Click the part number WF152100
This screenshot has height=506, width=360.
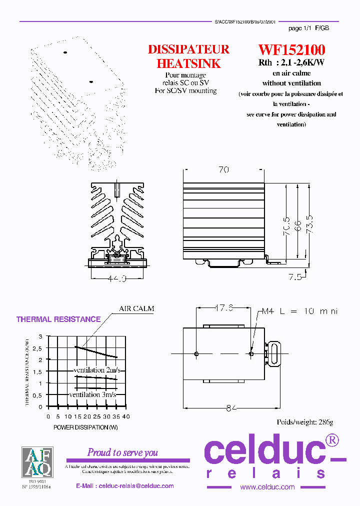click(x=291, y=50)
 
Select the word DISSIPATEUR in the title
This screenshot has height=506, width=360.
click(x=188, y=49)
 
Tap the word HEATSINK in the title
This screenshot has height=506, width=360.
click(x=188, y=63)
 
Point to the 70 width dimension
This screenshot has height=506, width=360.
click(x=223, y=170)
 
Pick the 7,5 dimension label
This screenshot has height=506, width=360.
click(x=295, y=277)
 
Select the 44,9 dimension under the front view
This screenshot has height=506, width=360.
click(x=117, y=278)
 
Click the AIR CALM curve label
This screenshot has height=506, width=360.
click(x=136, y=308)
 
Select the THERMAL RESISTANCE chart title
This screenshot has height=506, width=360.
click(x=58, y=319)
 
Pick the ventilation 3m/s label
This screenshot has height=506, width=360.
click(x=92, y=394)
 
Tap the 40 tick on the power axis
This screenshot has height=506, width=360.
click(x=125, y=416)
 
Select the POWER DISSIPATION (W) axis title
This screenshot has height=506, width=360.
click(x=85, y=427)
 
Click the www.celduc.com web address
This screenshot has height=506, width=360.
click(x=267, y=487)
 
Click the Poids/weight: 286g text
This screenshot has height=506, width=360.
click(x=304, y=422)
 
